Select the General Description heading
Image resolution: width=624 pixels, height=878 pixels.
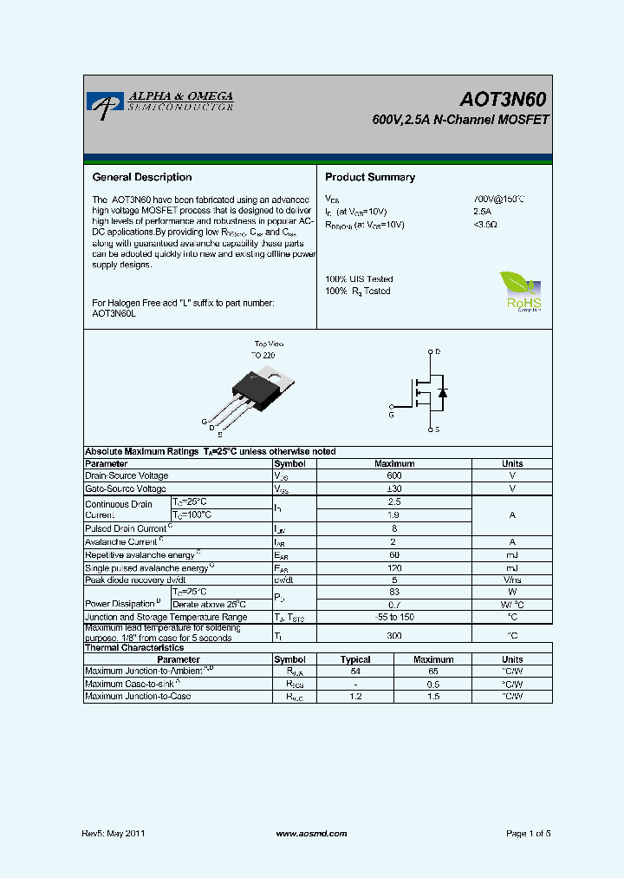(142, 177)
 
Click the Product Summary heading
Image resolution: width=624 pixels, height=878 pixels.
(370, 177)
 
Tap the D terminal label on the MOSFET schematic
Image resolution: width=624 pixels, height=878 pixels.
(438, 351)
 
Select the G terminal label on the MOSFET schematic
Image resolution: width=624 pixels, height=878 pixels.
(391, 416)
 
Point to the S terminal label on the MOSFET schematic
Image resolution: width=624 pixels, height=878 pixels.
(437, 429)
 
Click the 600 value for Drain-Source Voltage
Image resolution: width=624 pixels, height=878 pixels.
(394, 475)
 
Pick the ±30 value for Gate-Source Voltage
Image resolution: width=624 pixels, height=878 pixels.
(394, 488)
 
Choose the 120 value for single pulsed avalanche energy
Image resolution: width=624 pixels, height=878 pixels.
(394, 567)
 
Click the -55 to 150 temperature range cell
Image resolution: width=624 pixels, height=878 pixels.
(394, 617)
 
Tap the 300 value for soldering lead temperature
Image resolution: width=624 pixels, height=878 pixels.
(394, 635)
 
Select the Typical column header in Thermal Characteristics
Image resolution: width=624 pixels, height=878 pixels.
(355, 659)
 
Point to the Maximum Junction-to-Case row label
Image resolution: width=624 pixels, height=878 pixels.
(138, 697)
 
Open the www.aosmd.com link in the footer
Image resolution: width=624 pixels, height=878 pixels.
(311, 833)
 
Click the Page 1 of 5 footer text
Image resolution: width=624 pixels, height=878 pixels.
(528, 833)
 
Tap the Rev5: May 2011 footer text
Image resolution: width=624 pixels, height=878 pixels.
(114, 833)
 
